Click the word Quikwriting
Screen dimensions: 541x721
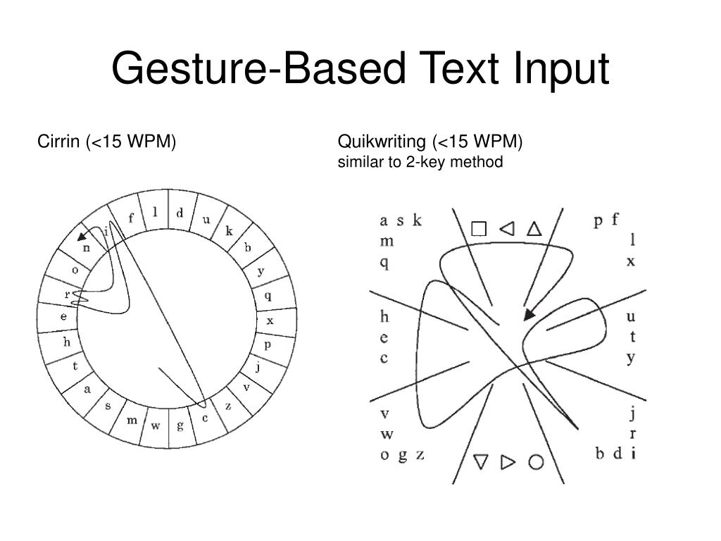coord(382,142)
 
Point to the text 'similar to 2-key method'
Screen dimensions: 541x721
coord(420,163)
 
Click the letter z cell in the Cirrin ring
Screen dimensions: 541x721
coord(228,406)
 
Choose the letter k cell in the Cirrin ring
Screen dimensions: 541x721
coord(229,231)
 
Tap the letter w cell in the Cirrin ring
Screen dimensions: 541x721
coord(156,425)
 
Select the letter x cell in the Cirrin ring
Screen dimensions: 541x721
coord(270,321)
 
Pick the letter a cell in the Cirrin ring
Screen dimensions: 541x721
coord(87,388)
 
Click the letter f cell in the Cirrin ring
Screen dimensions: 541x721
coord(131,218)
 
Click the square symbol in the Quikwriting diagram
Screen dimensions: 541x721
coord(479,229)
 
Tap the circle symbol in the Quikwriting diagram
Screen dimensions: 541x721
coord(537,462)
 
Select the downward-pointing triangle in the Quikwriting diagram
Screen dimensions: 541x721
coord(481,462)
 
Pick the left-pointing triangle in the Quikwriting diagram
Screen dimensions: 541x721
coord(506,229)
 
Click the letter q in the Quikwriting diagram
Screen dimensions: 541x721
coord(384,263)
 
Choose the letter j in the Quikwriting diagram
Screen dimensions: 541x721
coord(632,413)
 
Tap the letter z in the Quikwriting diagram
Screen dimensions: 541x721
coord(420,454)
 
